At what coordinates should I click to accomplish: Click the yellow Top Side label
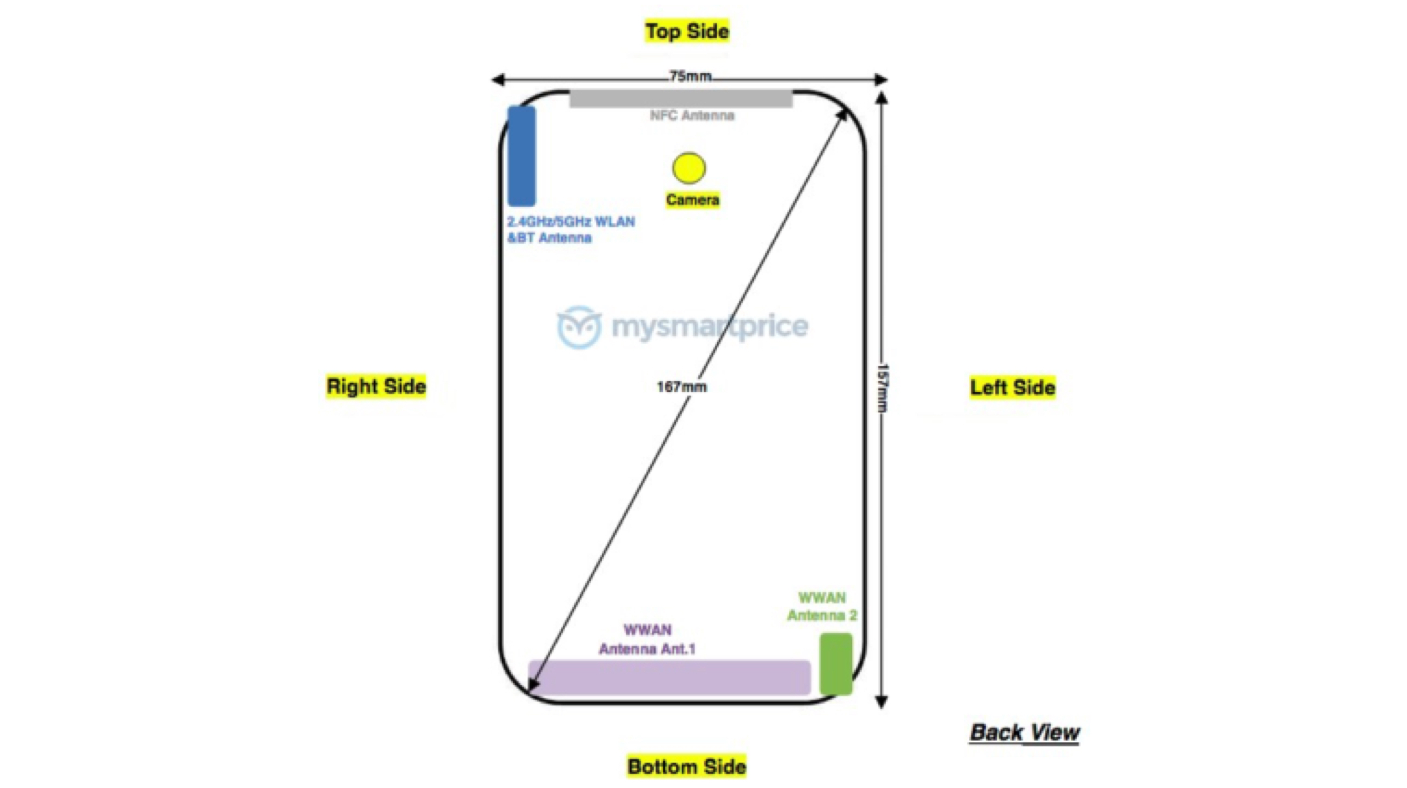click(687, 31)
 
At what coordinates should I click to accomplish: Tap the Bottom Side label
click(686, 766)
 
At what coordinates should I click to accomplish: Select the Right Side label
click(376, 387)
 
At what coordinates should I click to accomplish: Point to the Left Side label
click(1012, 387)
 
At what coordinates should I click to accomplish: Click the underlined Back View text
click(1024, 732)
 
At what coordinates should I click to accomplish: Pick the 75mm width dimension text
click(691, 76)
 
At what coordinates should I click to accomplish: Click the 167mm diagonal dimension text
click(682, 387)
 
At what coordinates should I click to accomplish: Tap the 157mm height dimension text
click(882, 387)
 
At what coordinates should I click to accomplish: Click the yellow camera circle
click(689, 168)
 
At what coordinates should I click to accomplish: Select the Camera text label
click(692, 200)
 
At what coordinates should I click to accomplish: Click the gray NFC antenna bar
click(681, 99)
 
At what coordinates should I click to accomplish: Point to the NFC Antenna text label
click(692, 115)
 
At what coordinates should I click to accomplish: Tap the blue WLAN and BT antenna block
click(521, 156)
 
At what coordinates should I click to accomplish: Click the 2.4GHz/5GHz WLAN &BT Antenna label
click(570, 230)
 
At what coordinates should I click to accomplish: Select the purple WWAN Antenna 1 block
click(669, 677)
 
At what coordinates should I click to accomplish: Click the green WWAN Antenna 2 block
click(835, 663)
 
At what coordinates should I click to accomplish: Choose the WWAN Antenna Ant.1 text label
click(647, 639)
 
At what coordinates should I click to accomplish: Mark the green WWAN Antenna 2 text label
click(822, 606)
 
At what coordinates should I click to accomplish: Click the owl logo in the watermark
click(579, 327)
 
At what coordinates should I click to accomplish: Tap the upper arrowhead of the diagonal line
click(842, 114)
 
